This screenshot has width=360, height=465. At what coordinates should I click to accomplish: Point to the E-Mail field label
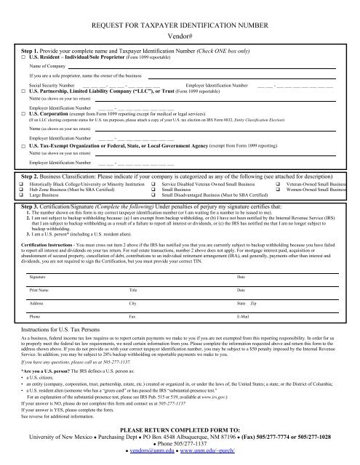tap(246, 339)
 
